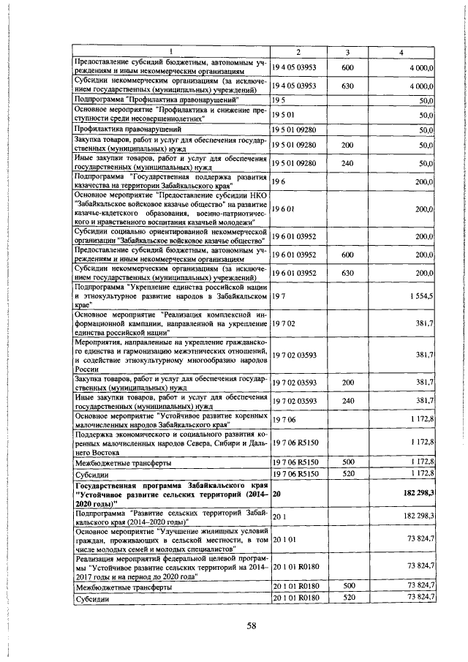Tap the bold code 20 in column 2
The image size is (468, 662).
pos(276,495)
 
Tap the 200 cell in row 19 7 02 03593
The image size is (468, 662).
pos(348,382)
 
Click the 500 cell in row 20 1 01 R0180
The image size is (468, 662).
pos(348,585)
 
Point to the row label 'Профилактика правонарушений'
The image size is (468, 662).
pos(119,129)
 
